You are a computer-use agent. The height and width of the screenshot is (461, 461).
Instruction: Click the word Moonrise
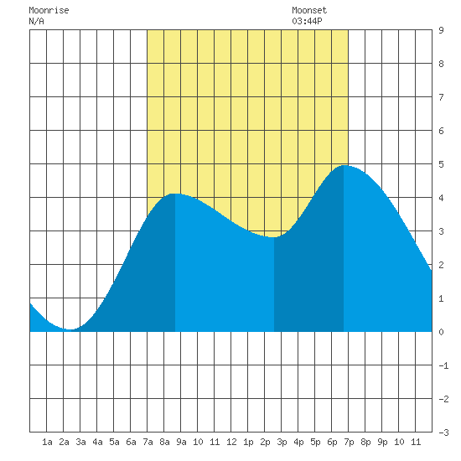click(x=49, y=11)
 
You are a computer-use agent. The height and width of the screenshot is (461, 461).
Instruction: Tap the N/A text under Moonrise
click(x=36, y=21)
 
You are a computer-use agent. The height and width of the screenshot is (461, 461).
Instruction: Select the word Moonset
click(x=309, y=11)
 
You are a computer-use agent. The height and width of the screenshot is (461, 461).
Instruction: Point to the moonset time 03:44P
click(x=307, y=21)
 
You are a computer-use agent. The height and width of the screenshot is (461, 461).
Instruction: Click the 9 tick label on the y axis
click(x=441, y=30)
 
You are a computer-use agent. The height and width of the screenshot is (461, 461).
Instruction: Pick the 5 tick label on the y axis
click(x=441, y=164)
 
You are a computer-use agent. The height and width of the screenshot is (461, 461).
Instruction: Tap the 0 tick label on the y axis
click(x=441, y=332)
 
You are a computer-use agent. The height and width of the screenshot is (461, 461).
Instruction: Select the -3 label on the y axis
click(x=443, y=433)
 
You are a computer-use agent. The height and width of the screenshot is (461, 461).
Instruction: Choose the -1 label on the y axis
click(x=443, y=365)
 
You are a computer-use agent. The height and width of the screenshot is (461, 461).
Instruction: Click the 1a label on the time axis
click(x=47, y=442)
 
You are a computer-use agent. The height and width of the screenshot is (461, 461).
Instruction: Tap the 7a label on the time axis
click(x=148, y=442)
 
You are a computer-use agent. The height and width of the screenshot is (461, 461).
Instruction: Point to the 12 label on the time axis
click(x=231, y=442)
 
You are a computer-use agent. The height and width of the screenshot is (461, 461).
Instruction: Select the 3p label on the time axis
click(x=282, y=442)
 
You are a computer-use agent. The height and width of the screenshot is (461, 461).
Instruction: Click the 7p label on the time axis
click(x=349, y=442)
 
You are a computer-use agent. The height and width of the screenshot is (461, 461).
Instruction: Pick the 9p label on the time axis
click(x=382, y=442)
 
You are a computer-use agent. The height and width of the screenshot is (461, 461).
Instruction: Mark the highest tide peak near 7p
click(x=344, y=165)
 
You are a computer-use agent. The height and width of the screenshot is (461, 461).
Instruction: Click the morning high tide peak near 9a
click(x=175, y=194)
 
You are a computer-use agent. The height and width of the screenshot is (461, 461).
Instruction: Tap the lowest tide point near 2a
click(x=70, y=329)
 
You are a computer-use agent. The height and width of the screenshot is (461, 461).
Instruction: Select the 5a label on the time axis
click(x=114, y=442)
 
